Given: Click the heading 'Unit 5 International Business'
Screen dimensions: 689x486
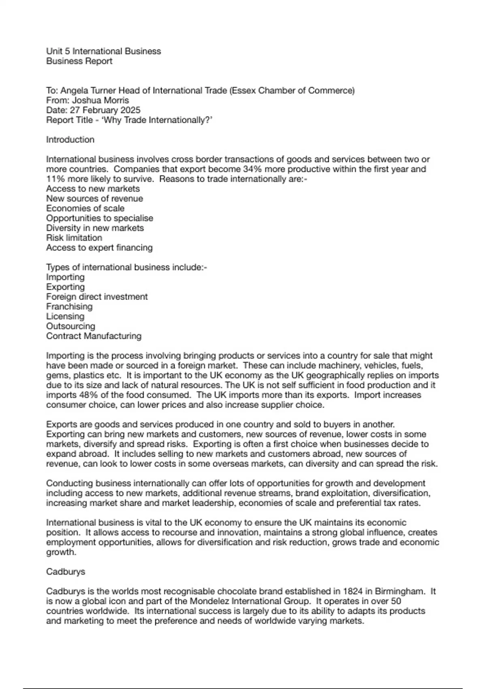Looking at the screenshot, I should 103,51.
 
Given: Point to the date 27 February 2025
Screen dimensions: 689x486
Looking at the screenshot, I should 105,110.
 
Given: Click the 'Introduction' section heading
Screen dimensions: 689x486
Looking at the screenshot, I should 70,139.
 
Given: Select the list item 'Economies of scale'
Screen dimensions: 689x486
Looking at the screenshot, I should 85,208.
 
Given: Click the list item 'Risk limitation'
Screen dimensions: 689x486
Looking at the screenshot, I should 74,238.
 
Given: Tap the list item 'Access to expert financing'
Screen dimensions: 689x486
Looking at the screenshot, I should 99,248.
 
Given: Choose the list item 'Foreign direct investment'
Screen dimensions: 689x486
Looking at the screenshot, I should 97,297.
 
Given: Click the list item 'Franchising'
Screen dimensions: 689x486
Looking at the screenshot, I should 69,306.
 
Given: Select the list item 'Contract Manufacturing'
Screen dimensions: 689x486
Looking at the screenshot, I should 94,336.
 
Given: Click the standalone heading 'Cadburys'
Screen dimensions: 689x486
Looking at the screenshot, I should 66,571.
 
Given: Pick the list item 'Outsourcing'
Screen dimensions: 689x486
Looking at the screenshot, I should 70,326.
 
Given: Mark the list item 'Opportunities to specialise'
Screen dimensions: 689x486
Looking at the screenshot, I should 100,218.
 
